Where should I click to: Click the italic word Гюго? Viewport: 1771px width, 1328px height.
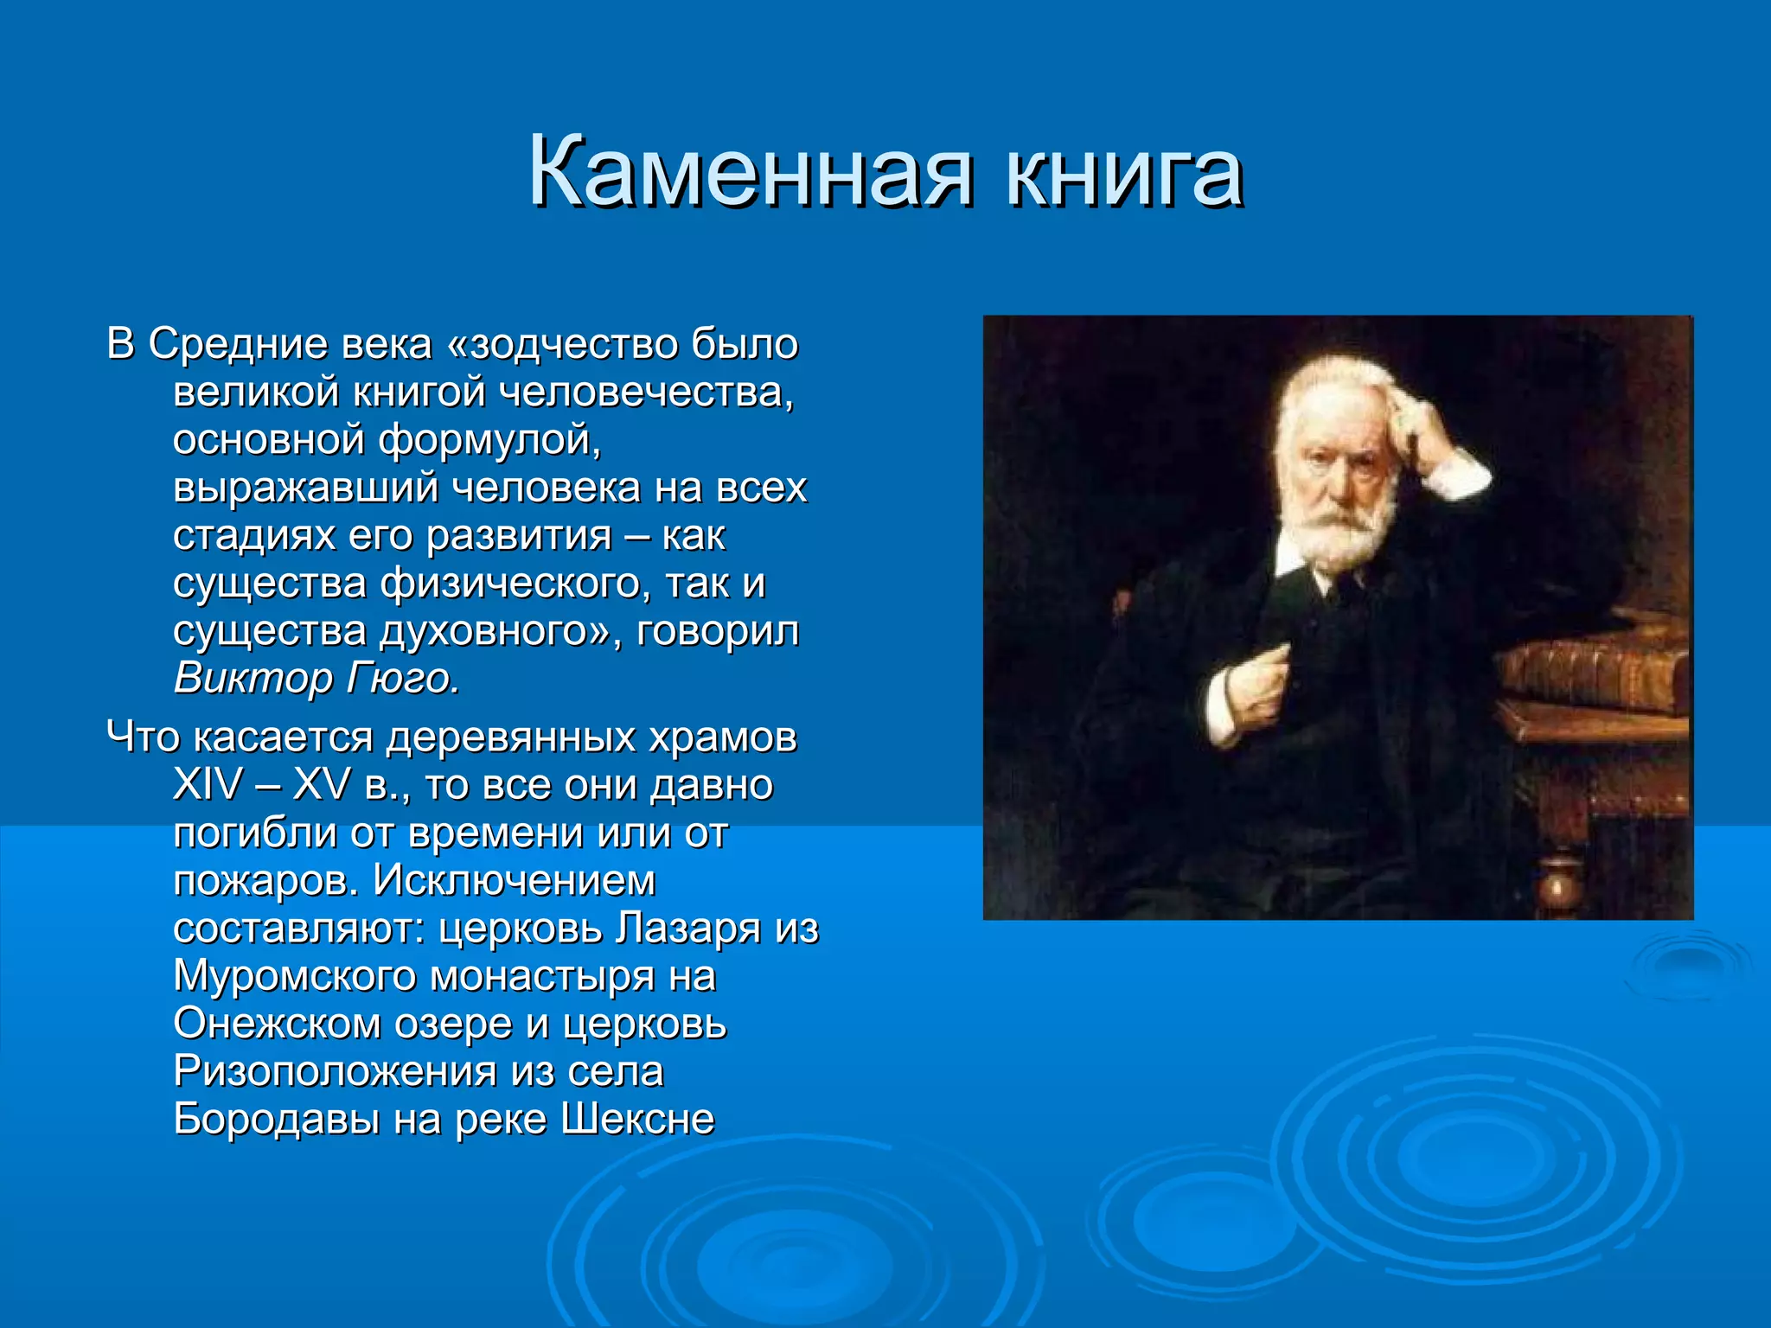(402, 679)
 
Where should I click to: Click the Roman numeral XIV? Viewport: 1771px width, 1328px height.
(208, 785)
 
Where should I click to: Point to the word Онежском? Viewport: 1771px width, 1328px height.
(277, 1024)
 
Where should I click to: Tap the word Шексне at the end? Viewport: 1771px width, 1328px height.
(637, 1120)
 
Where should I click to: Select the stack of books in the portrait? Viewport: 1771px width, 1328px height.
(1595, 674)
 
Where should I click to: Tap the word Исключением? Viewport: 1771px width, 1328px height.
(515, 881)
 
